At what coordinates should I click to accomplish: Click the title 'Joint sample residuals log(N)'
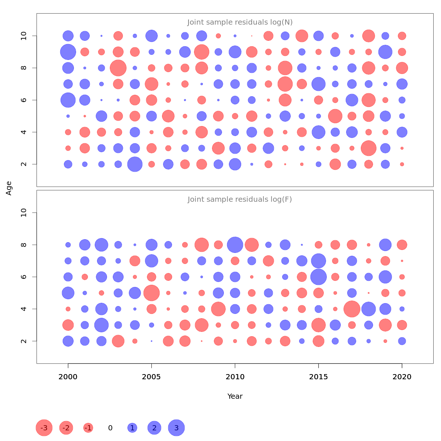click(x=240, y=22)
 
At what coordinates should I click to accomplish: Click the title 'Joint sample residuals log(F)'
click(x=240, y=200)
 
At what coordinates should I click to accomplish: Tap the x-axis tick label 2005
click(x=151, y=377)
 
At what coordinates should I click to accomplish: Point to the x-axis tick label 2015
click(x=319, y=377)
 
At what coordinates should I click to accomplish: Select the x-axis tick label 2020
click(x=402, y=377)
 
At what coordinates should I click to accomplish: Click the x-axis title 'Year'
click(x=235, y=396)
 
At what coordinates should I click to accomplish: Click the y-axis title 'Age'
click(x=9, y=188)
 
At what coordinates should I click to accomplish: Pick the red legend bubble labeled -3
click(x=44, y=428)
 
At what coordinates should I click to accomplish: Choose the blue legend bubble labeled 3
click(x=176, y=428)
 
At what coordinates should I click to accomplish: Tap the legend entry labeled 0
click(x=110, y=428)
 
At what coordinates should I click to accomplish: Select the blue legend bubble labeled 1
click(x=132, y=428)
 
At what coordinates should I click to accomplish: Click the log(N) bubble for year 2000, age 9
click(x=68, y=52)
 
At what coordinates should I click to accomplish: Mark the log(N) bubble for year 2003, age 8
click(x=118, y=68)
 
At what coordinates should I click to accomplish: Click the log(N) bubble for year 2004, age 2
click(x=135, y=164)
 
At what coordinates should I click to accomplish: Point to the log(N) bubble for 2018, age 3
click(x=369, y=148)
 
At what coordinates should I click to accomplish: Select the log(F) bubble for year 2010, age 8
click(x=235, y=245)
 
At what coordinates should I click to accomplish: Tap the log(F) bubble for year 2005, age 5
click(x=151, y=293)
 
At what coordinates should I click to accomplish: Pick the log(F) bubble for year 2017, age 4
click(x=352, y=309)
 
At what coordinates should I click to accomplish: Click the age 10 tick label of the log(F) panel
click(x=24, y=213)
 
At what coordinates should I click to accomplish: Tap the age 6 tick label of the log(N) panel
click(x=24, y=100)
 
